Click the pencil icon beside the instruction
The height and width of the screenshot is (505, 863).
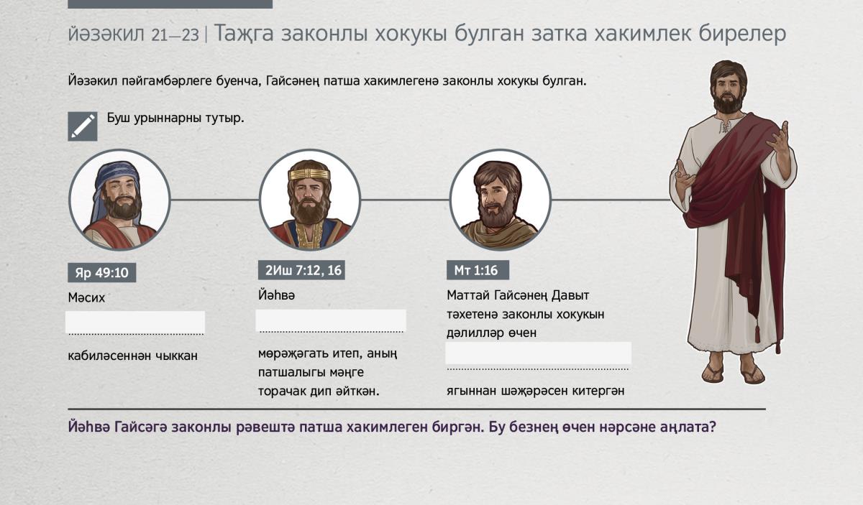point(83,126)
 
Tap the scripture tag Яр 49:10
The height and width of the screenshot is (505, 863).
point(101,272)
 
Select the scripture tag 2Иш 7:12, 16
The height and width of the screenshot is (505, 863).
point(301,270)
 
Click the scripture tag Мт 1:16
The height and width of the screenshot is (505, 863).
point(478,270)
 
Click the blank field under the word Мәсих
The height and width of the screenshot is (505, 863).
point(135,322)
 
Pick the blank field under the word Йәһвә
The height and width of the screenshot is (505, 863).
point(331,320)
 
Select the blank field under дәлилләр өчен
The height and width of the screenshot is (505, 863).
point(538,353)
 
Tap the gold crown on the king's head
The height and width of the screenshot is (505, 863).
point(309,174)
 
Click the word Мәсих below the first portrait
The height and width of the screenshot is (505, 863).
point(86,297)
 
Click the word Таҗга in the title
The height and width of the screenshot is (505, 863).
point(244,33)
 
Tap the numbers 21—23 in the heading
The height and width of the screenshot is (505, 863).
point(175,35)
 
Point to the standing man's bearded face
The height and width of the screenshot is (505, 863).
point(727,89)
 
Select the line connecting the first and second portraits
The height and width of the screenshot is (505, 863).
point(214,200)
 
